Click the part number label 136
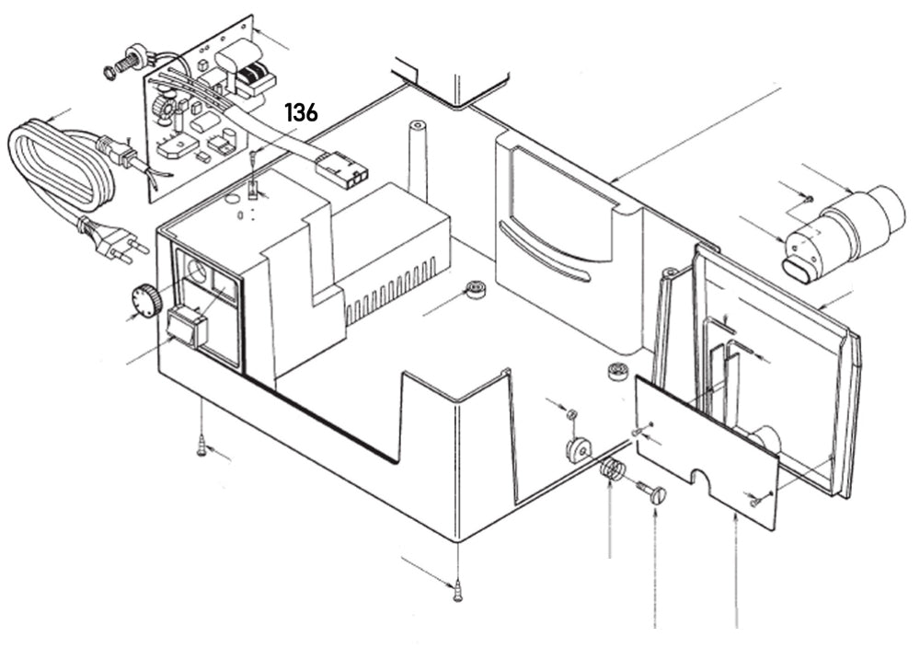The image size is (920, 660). [301, 113]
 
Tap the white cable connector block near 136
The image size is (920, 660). [341, 169]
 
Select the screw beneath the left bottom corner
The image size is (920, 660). [201, 448]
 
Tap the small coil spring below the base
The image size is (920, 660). [612, 471]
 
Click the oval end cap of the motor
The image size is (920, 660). [799, 268]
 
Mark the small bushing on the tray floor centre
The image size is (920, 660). [476, 289]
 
